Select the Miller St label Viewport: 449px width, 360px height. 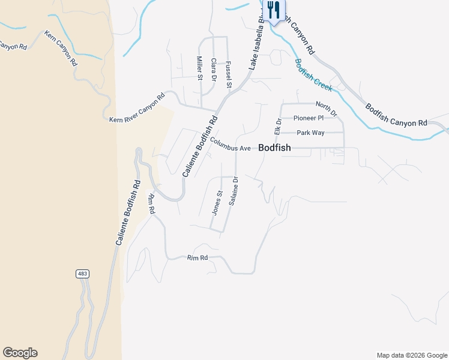click(200, 68)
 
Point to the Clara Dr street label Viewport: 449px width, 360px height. click(214, 69)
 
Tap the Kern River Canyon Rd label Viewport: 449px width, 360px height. click(137, 108)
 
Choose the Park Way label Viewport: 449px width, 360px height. click(310, 133)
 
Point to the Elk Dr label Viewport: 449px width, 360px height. click(278, 125)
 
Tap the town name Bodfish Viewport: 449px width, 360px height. click(274, 148)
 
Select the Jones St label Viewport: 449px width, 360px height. click(217, 202)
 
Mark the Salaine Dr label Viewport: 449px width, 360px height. click(233, 191)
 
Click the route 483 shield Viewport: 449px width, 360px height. click(83, 274)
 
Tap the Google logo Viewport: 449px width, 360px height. click(20, 353)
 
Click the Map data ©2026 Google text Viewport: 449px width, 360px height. click(412, 355)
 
